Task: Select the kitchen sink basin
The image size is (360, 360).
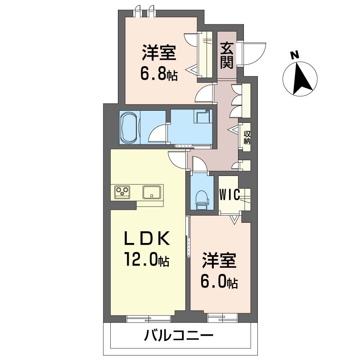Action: click(x=152, y=192)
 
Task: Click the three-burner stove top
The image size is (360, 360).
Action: click(x=122, y=192)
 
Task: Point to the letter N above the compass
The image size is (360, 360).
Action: click(x=294, y=55)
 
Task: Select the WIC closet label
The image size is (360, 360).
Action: click(x=229, y=195)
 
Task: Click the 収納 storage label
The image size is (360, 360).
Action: click(x=247, y=137)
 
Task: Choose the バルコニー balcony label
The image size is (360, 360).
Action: click(x=178, y=335)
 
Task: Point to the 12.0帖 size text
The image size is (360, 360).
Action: click(x=147, y=259)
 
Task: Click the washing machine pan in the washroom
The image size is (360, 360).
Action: click(x=202, y=117)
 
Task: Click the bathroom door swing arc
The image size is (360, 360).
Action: click(x=157, y=133)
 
